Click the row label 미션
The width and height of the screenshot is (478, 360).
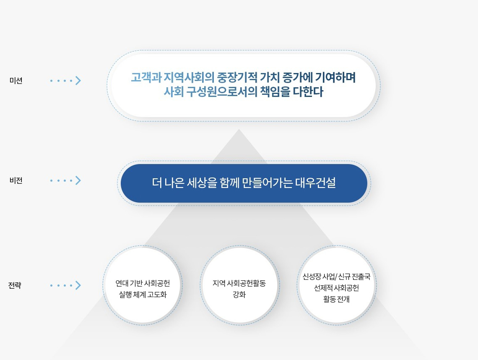click(x=16, y=81)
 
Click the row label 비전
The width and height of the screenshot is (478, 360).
click(x=16, y=181)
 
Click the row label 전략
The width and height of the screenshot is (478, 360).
click(x=15, y=286)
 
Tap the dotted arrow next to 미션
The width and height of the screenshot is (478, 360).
click(x=65, y=81)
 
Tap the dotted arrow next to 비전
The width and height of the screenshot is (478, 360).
click(x=65, y=181)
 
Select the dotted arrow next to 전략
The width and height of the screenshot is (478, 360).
click(x=65, y=286)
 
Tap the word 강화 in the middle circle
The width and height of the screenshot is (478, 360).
click(x=239, y=294)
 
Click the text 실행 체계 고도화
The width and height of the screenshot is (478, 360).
click(x=143, y=294)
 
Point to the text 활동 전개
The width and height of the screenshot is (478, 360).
click(x=337, y=299)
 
